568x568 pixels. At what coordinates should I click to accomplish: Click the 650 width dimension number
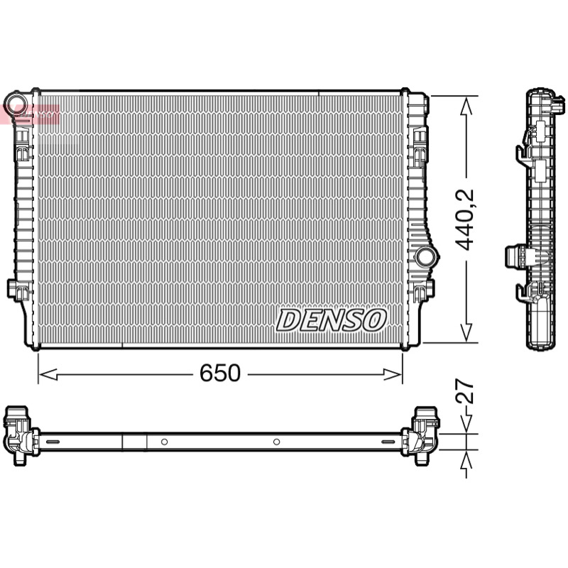pos(220,373)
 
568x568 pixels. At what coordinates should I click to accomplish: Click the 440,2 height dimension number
pos(465,219)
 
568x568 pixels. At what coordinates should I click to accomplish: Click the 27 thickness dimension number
pos(465,391)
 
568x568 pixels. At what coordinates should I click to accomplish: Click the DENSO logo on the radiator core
pos(331,320)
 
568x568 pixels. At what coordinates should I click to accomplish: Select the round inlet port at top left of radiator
pos(16,102)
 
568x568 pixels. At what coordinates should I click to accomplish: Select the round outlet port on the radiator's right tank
pos(426,256)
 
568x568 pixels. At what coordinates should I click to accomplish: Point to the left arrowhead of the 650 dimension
pos(48,375)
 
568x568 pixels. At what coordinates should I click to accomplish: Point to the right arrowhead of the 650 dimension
pos(393,375)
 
